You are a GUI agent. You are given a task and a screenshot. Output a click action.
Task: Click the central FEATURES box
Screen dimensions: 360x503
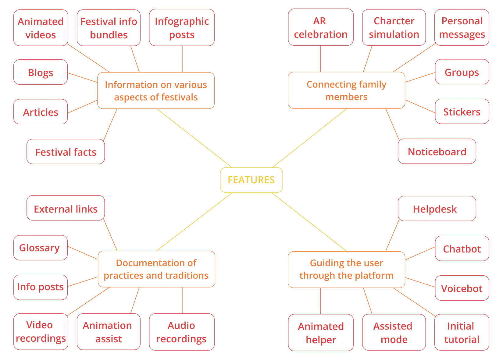(x=251, y=180)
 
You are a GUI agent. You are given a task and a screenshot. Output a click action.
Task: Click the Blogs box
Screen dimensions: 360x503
(x=41, y=72)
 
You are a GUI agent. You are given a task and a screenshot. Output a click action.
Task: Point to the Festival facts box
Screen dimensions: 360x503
(x=66, y=152)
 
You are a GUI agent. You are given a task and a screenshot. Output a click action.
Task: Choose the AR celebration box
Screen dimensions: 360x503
(x=320, y=27)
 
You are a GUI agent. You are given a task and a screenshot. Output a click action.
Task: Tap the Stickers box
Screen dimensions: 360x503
(x=462, y=111)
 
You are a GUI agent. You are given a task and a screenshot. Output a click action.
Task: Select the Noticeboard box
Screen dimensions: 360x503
(x=437, y=151)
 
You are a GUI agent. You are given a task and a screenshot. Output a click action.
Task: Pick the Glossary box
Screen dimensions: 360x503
(x=41, y=248)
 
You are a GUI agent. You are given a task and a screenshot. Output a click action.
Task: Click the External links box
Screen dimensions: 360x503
(x=66, y=209)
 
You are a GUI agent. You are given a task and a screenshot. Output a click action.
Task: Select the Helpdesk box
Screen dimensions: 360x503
(x=437, y=209)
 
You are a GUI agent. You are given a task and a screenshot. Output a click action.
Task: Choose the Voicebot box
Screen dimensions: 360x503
(x=462, y=288)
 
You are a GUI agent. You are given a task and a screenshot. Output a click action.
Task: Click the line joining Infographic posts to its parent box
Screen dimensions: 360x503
(x=182, y=59)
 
